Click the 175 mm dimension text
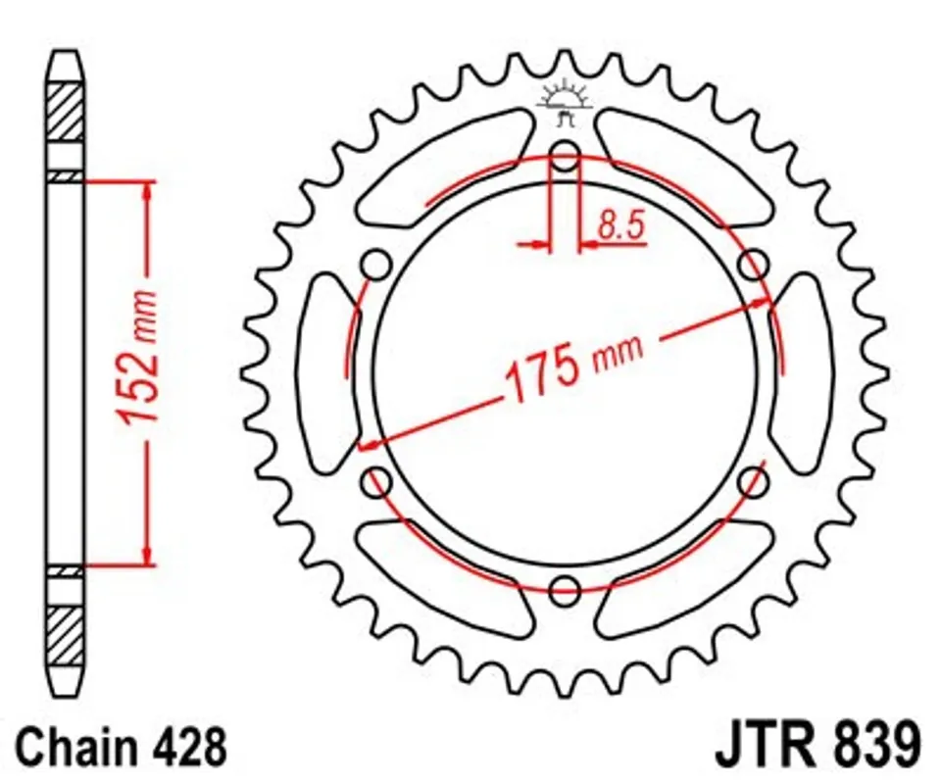(574, 368)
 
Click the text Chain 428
(122, 746)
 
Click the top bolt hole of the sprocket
(565, 155)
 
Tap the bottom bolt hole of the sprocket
(565, 590)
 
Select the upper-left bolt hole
(376, 264)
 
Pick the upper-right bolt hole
(753, 264)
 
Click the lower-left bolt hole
(376, 481)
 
